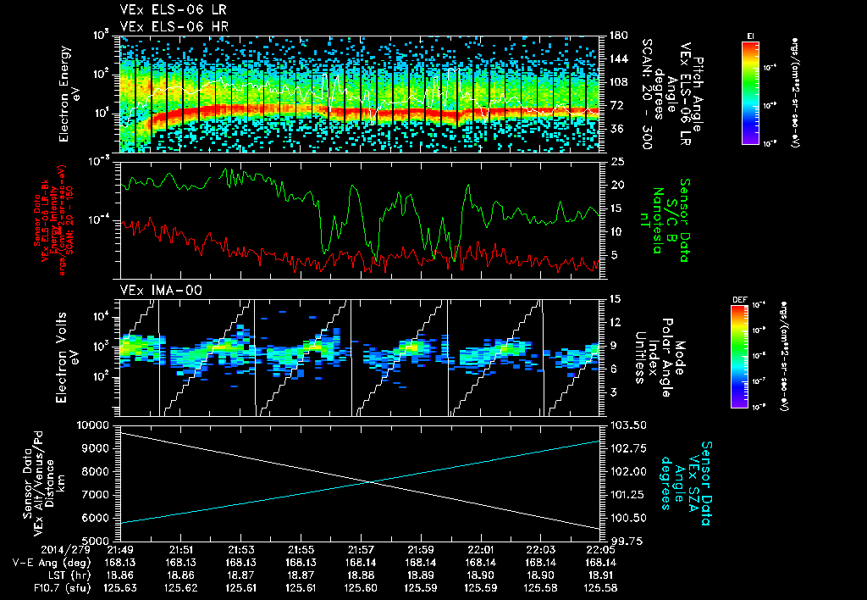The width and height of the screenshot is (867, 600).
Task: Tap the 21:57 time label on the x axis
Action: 362,549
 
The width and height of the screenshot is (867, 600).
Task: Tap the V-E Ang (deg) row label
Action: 45,562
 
